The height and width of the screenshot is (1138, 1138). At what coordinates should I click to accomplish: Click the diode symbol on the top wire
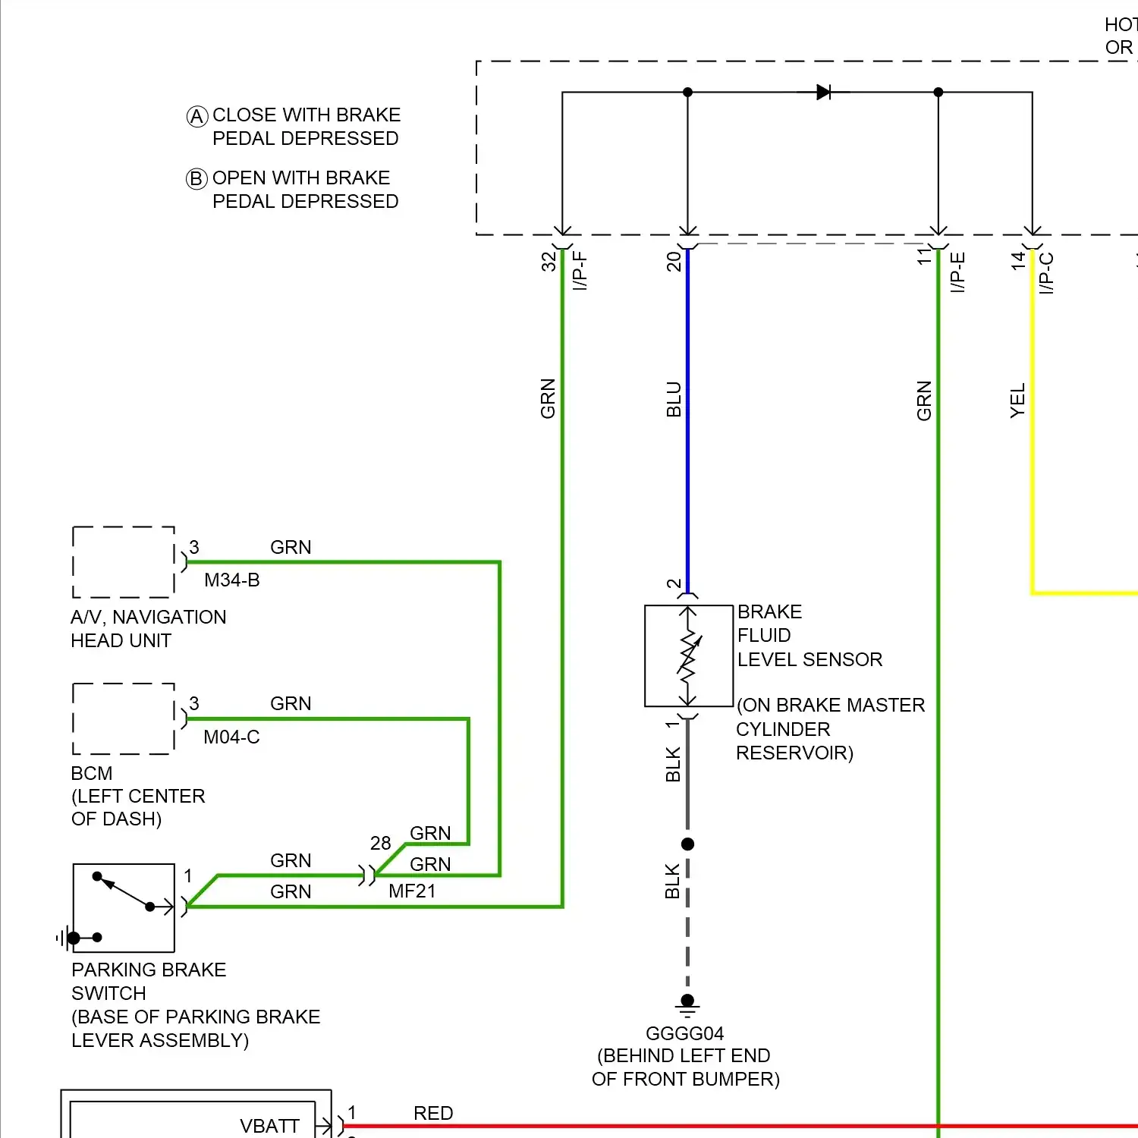pyautogui.click(x=823, y=93)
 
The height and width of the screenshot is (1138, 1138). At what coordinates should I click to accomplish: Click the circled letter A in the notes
pyautogui.click(x=197, y=116)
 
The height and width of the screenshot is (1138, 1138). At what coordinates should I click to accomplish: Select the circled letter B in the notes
pyautogui.click(x=196, y=179)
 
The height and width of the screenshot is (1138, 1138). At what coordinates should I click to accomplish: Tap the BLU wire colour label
pyautogui.click(x=674, y=400)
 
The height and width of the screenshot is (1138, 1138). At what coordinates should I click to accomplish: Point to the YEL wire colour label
pyautogui.click(x=1017, y=401)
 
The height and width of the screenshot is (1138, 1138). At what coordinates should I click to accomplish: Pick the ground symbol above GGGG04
pyautogui.click(x=687, y=1006)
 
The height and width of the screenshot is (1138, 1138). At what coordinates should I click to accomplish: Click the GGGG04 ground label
pyautogui.click(x=684, y=1033)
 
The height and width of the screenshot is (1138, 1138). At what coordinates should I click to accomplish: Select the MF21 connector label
pyautogui.click(x=412, y=891)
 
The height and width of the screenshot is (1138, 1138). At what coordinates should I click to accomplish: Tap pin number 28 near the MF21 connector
pyautogui.click(x=380, y=843)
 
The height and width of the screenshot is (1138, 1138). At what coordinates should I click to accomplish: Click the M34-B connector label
pyautogui.click(x=232, y=580)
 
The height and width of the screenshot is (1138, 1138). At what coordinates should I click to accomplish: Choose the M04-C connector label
pyautogui.click(x=231, y=737)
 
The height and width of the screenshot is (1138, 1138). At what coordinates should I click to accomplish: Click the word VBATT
pyautogui.click(x=269, y=1126)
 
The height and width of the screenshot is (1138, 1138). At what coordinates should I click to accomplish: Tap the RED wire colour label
pyautogui.click(x=433, y=1113)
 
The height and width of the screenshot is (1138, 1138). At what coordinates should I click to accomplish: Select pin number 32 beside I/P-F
pyautogui.click(x=549, y=262)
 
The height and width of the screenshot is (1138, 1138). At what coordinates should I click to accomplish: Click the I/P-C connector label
pyautogui.click(x=1046, y=273)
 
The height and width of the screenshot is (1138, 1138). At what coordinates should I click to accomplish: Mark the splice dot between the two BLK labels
pyautogui.click(x=688, y=844)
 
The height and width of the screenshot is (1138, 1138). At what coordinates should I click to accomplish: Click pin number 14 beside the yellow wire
pyautogui.click(x=1018, y=260)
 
